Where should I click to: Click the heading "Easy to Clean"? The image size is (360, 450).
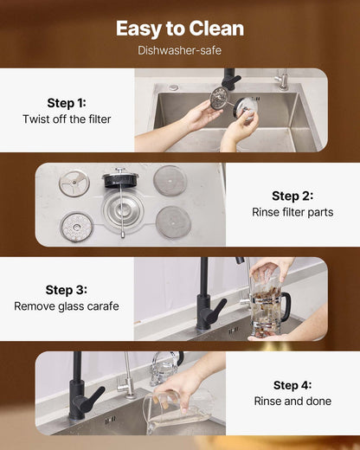pos(180,29)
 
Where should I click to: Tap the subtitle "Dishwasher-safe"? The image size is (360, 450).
pos(180,50)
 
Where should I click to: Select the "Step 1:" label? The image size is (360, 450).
pos(67,102)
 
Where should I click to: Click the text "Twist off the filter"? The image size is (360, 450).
pos(67,119)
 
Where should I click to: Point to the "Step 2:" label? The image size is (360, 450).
pos(292,196)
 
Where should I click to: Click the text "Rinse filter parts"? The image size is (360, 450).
pos(292,212)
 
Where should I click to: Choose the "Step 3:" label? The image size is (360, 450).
pos(67,290)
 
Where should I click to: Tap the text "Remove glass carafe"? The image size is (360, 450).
pos(67,306)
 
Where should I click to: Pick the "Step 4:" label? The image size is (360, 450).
pos(292,385)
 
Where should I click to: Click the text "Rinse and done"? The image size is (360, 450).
pos(292,402)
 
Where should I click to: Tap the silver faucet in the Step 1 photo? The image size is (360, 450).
pos(281,80)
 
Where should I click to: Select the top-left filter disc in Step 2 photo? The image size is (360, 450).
pos(74,182)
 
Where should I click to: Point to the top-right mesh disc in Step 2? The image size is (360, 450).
pos(170,180)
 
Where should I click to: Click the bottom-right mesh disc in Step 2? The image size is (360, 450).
pos(173,222)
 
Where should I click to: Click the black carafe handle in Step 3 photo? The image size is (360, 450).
pos(285,305)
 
